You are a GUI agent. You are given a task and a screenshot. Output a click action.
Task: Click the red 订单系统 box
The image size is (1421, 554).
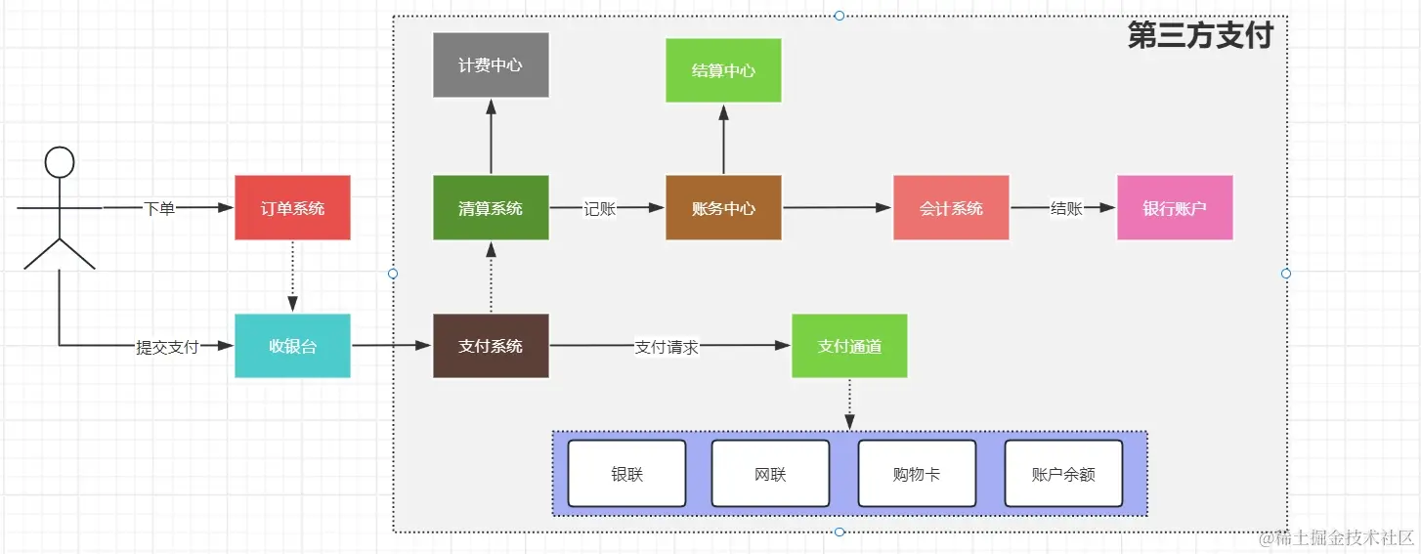pyautogui.click(x=292, y=208)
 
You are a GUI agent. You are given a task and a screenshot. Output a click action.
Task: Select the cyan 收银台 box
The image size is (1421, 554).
pyautogui.click(x=292, y=346)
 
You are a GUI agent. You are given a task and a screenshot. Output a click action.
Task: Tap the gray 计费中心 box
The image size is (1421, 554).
pyautogui.click(x=491, y=65)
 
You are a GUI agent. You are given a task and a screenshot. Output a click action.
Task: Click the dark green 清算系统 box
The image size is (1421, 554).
pyautogui.click(x=491, y=208)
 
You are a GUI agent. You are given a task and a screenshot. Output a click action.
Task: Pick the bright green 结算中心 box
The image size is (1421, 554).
pyautogui.click(x=723, y=70)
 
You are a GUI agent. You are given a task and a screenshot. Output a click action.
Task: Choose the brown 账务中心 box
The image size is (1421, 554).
pyautogui.click(x=723, y=208)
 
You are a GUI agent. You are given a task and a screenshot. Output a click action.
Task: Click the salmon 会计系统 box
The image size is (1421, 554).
pyautogui.click(x=951, y=208)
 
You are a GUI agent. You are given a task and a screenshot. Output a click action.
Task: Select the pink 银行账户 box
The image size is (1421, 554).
pyautogui.click(x=1175, y=208)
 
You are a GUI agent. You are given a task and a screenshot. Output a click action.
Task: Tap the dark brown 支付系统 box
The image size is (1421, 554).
pyautogui.click(x=491, y=346)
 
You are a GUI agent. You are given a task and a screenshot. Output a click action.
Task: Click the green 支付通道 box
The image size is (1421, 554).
pyautogui.click(x=849, y=346)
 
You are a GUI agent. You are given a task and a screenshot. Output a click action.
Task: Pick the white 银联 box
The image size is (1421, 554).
pyautogui.click(x=627, y=474)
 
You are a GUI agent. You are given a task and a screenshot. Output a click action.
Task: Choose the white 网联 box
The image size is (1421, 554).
pyautogui.click(x=770, y=474)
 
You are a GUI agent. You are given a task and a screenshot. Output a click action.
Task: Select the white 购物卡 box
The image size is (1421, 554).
pyautogui.click(x=917, y=474)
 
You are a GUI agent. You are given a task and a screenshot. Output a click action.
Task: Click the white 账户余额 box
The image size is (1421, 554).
pyautogui.click(x=1063, y=474)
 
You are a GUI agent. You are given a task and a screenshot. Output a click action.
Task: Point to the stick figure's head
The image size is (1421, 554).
pyautogui.click(x=60, y=162)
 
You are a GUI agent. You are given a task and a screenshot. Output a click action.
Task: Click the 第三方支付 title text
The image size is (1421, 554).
pyautogui.click(x=1200, y=36)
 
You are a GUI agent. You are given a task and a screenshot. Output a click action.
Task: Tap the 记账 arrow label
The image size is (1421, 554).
pyautogui.click(x=599, y=208)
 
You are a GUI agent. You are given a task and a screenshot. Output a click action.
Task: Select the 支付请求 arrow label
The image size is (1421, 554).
pyautogui.click(x=667, y=347)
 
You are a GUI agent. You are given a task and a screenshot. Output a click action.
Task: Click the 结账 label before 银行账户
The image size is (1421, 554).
pyautogui.click(x=1065, y=208)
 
